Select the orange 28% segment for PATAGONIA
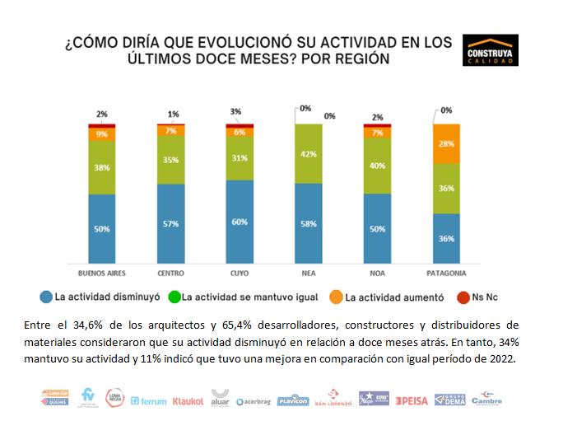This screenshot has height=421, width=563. (445, 143)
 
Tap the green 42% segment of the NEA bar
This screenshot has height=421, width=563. (308, 153)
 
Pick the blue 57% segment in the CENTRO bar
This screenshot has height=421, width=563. (170, 224)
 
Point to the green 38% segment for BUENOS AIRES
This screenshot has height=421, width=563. (102, 167)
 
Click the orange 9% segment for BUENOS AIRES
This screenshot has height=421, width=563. (102, 134)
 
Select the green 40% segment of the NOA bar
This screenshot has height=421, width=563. (377, 166)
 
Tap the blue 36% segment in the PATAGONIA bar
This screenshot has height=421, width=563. (445, 239)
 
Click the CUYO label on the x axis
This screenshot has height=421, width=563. (240, 273)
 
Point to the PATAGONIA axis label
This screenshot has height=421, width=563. (445, 273)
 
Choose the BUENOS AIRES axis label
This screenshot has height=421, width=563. (102, 273)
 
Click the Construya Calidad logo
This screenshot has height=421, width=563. (491, 50)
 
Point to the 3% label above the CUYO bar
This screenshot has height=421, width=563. (236, 111)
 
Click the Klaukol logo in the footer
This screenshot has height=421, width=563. (188, 401)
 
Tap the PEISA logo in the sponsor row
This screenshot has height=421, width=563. (411, 401)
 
